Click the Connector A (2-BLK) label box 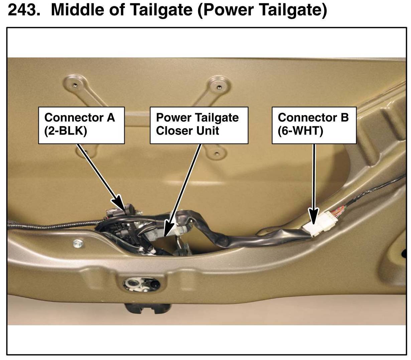pyautogui.click(x=82, y=125)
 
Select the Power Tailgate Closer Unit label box pyautogui.click(x=199, y=125)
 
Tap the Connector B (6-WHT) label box pyautogui.click(x=314, y=125)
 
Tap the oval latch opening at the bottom pyautogui.click(x=142, y=284)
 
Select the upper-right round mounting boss pyautogui.click(x=219, y=86)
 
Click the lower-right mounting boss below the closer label pyautogui.click(x=217, y=154)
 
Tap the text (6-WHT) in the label pyautogui.click(x=300, y=131)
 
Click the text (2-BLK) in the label pyautogui.click(x=65, y=131)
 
